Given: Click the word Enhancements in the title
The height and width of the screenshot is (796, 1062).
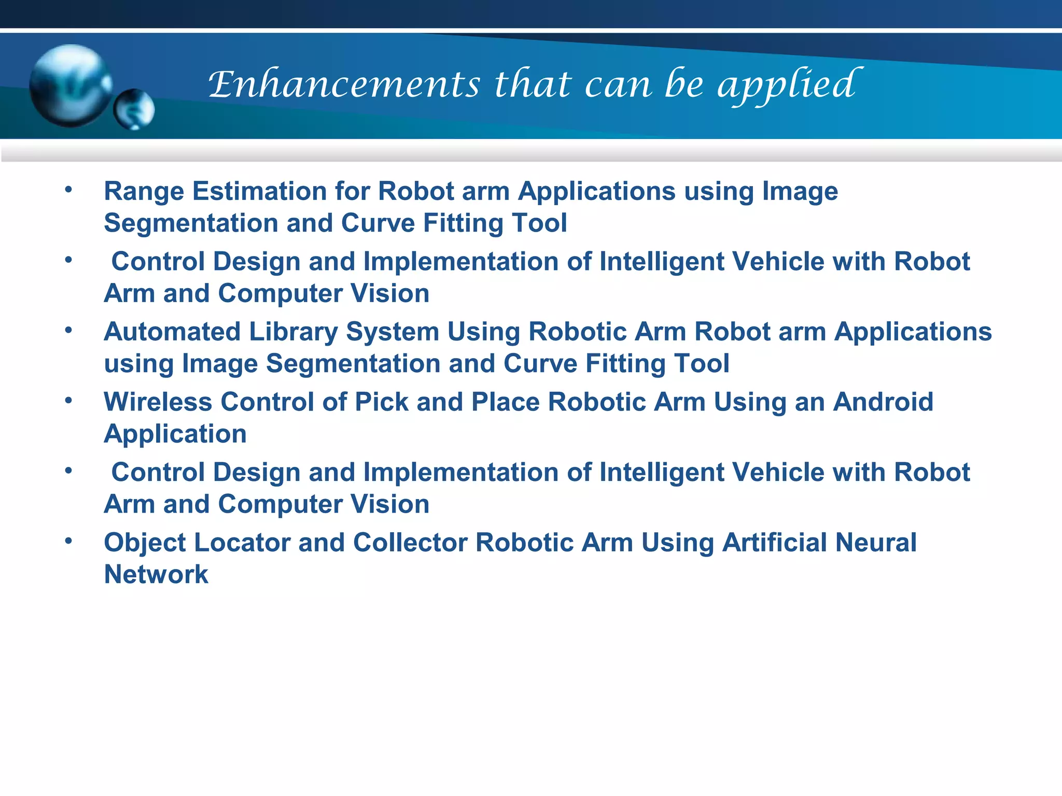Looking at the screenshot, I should pyautogui.click(x=344, y=84).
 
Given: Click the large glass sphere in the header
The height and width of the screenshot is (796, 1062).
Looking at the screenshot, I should pyautogui.click(x=70, y=86).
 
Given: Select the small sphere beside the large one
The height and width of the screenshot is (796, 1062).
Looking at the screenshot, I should pyautogui.click(x=134, y=109).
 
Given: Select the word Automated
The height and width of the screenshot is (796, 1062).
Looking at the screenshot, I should pyautogui.click(x=172, y=332).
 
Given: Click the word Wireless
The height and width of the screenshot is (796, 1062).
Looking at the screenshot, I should pyautogui.click(x=158, y=402).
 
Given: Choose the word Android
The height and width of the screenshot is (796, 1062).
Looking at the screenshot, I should pyautogui.click(x=883, y=402).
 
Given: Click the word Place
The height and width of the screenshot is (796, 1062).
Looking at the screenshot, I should pyautogui.click(x=505, y=402).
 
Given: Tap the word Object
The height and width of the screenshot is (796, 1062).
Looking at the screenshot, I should pyautogui.click(x=145, y=544).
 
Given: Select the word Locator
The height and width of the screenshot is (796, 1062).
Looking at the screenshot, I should pyautogui.click(x=242, y=543).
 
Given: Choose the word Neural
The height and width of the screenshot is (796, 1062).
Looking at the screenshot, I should pyautogui.click(x=876, y=543).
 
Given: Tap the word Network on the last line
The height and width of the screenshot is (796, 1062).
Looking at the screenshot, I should pyautogui.click(x=156, y=575).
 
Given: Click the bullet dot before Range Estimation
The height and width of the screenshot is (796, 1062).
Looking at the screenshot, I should pyautogui.click(x=68, y=190).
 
